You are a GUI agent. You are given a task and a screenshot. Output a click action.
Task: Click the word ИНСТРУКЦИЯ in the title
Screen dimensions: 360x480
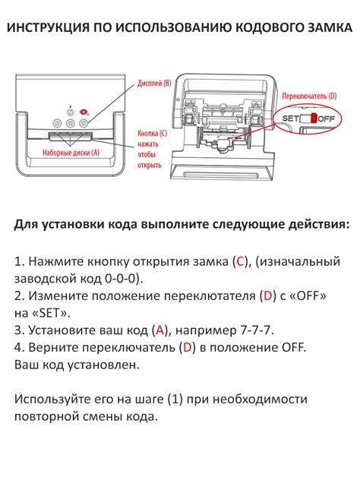49,27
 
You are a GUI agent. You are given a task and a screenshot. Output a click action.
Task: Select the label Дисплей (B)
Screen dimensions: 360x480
154,84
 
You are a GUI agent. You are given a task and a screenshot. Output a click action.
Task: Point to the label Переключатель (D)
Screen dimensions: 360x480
309,96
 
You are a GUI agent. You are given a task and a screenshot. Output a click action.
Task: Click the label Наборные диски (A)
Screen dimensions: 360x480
71,153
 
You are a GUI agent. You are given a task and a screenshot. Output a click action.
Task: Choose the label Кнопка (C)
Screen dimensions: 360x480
152,133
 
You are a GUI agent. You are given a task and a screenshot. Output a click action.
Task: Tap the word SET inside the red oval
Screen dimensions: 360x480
290,118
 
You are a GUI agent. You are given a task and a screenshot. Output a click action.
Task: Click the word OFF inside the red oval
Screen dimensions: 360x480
327,118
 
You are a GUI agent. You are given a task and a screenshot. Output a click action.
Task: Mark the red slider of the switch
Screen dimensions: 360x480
314,118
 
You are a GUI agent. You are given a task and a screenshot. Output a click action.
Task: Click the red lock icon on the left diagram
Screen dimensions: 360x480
83,112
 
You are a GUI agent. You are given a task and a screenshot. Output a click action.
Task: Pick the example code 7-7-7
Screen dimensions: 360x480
255,330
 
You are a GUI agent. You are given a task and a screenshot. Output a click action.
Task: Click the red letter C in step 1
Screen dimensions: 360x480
240,261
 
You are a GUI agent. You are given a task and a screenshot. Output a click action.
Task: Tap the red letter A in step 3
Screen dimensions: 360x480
159,330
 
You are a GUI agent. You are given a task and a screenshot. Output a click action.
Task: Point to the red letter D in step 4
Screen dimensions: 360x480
187,347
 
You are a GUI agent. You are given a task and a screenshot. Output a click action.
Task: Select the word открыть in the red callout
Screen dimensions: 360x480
149,166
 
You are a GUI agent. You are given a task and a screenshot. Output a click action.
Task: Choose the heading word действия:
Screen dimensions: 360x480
318,224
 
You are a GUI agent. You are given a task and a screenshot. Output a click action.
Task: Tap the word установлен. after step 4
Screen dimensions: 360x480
103,365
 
